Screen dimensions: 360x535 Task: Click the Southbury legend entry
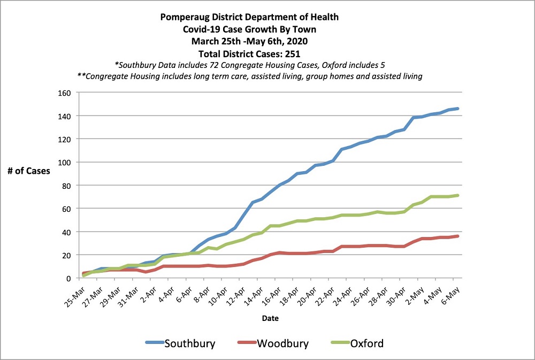[x=190, y=343]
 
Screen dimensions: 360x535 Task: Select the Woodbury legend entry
[x=282, y=343]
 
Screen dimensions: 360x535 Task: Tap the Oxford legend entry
[x=366, y=343]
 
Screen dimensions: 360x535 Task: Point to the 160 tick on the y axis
[x=66, y=93]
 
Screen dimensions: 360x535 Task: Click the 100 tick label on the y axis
[x=66, y=162]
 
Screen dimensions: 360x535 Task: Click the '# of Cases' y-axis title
[x=30, y=171]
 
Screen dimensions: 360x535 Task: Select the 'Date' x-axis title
[x=270, y=318]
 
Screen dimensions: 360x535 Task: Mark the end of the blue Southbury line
[x=457, y=109]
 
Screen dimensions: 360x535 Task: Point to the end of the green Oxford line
[x=457, y=195]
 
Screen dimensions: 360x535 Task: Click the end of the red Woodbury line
[x=457, y=236]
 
